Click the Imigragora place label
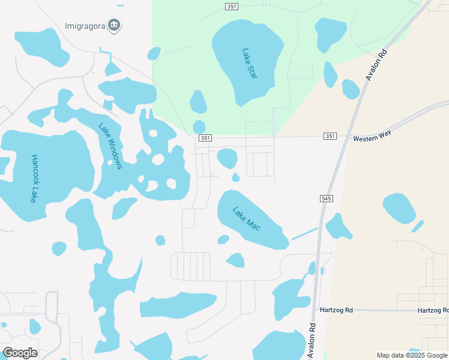click(x=85, y=26)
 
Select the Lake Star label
click(x=250, y=64)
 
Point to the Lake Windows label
click(x=110, y=146)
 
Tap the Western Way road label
click(x=372, y=139)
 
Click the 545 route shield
click(x=327, y=198)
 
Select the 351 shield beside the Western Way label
click(x=330, y=136)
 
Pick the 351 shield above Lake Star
click(x=232, y=7)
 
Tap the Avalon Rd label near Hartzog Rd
click(x=312, y=341)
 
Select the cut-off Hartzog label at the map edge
click(x=433, y=310)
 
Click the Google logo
click(x=20, y=353)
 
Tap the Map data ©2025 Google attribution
click(x=412, y=355)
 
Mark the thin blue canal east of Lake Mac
click(x=305, y=233)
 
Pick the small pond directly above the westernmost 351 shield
click(x=199, y=127)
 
